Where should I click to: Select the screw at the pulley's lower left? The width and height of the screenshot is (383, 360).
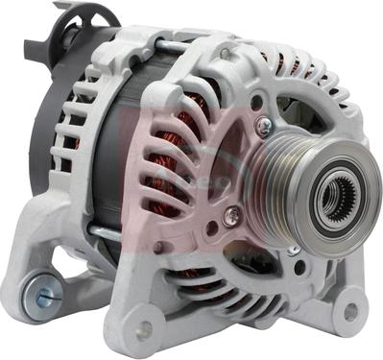[230, 216]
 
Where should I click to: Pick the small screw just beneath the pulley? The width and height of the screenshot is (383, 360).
[292, 251]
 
